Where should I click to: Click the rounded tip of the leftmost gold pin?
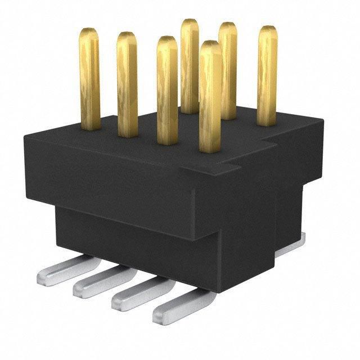point(88,32)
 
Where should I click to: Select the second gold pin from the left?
point(127,84)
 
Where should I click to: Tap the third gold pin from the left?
point(167,90)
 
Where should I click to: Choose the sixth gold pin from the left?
point(227,67)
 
